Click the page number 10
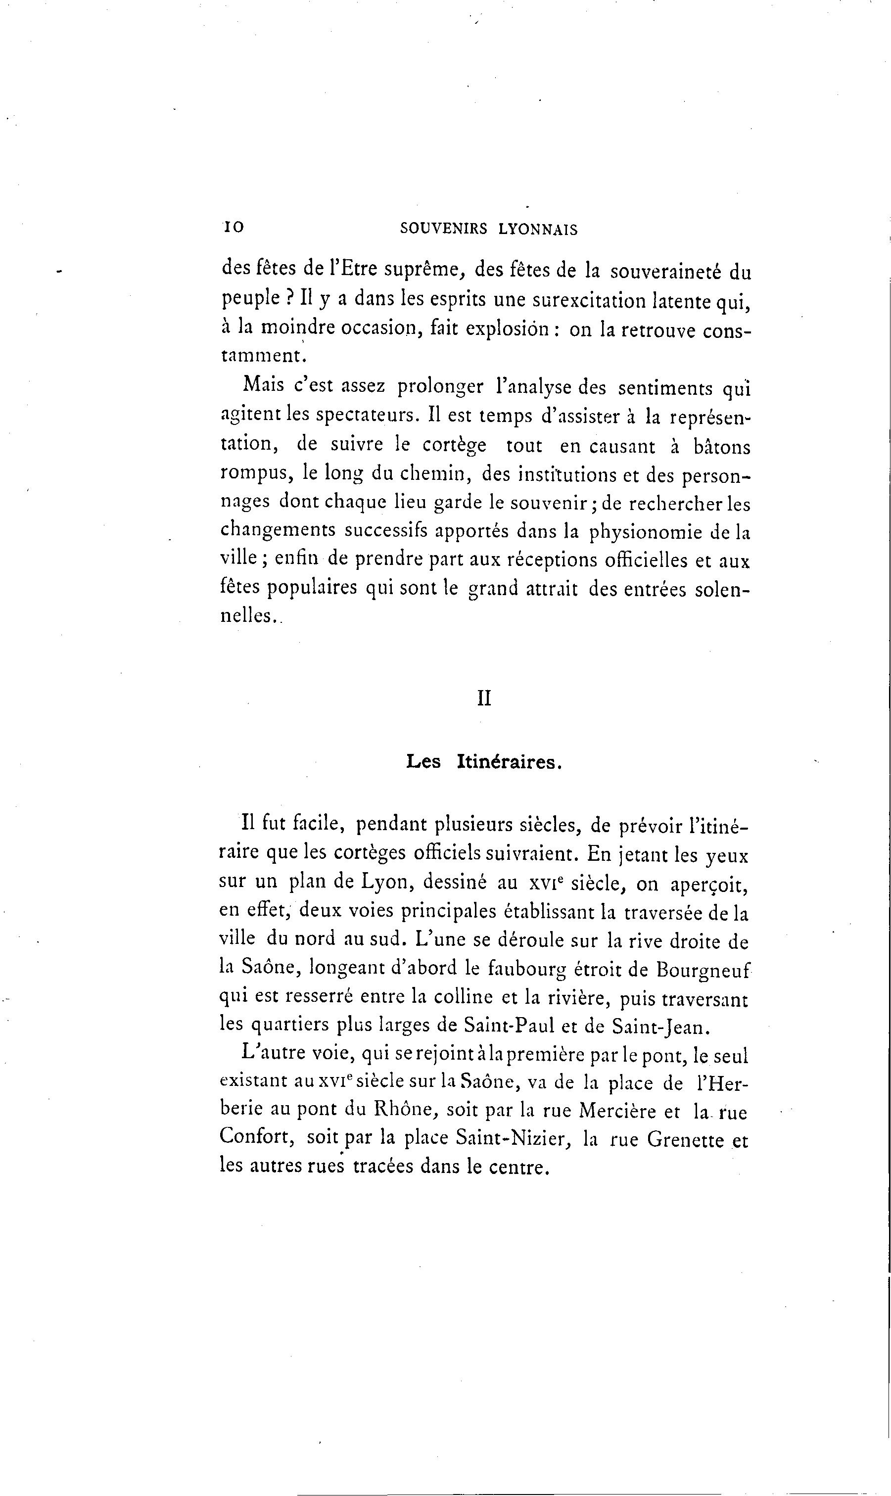[x=234, y=228]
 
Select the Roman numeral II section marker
[x=484, y=699]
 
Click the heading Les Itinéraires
[x=484, y=762]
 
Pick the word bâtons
[x=721, y=447]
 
